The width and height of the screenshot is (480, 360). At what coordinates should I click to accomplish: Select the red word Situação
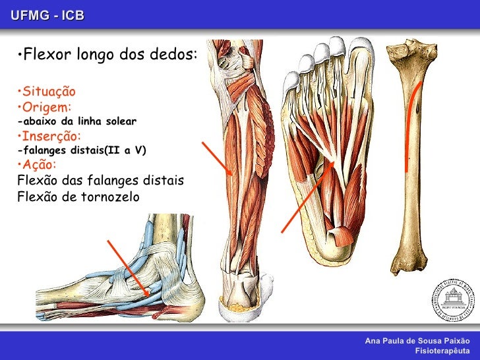(x=47, y=91)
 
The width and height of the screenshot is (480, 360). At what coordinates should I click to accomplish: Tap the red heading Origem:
(x=45, y=107)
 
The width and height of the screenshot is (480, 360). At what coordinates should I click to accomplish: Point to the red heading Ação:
(x=39, y=164)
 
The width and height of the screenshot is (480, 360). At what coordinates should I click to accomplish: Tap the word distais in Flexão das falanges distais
(x=162, y=180)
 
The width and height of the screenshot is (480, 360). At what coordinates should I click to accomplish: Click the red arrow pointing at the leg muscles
(x=217, y=158)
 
